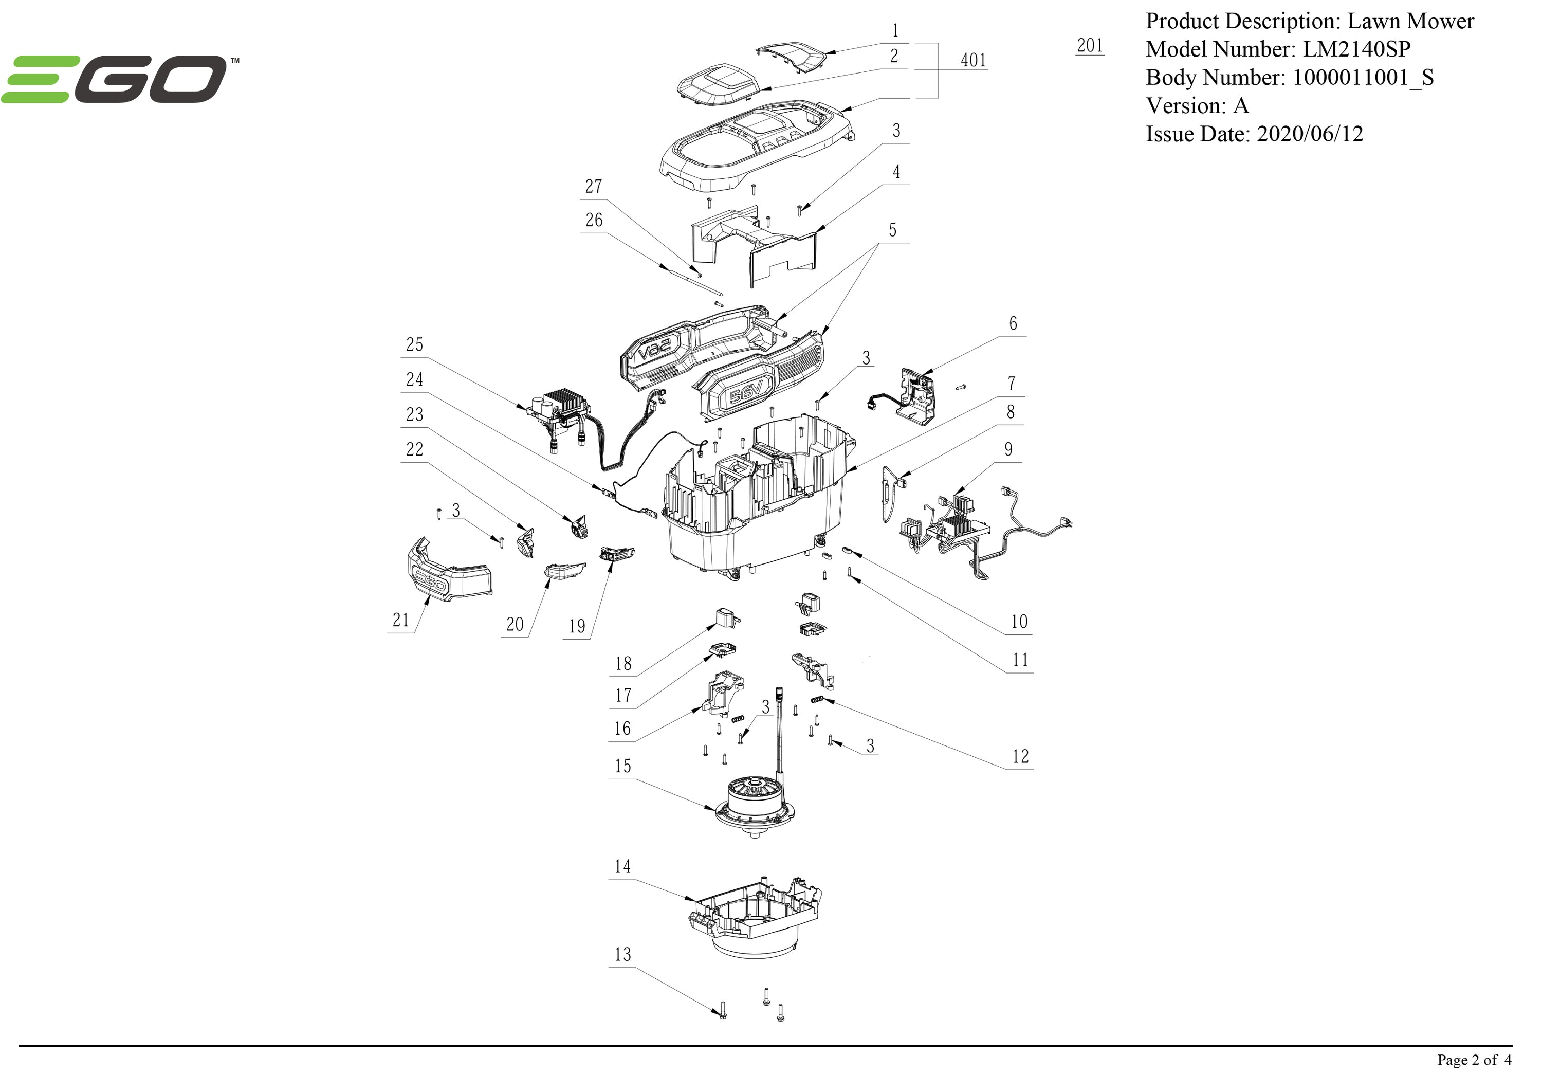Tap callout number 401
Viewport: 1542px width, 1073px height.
(x=973, y=61)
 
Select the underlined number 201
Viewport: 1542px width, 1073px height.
(x=1089, y=46)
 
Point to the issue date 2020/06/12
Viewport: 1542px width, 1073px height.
(x=1310, y=134)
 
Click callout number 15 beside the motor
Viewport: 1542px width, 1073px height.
(x=622, y=766)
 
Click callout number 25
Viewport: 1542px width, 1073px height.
(x=414, y=344)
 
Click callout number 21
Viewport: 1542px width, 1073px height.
(x=401, y=620)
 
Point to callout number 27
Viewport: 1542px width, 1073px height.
(x=594, y=186)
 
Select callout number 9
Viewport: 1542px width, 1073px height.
(x=1008, y=449)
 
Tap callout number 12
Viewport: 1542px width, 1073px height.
(x=1020, y=756)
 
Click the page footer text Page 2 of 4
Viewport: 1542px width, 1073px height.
(x=1474, y=1060)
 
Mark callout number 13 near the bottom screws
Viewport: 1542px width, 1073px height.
(x=622, y=954)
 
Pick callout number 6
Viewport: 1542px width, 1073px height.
(x=1013, y=323)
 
